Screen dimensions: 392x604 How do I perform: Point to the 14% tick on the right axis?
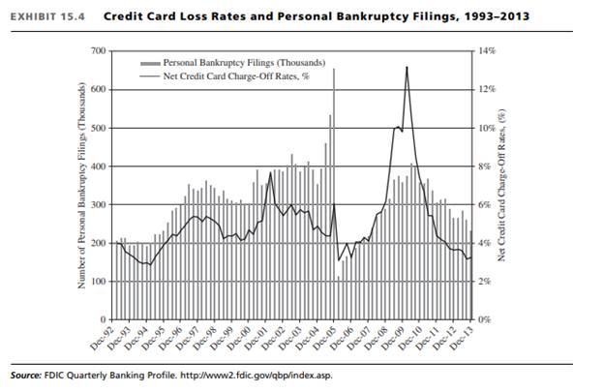click(x=487, y=50)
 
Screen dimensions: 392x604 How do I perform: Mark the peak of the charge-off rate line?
click(x=407, y=67)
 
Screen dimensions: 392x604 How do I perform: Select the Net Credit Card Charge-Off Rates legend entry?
click(x=222, y=75)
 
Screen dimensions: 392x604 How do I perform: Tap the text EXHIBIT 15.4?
click(x=43, y=16)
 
